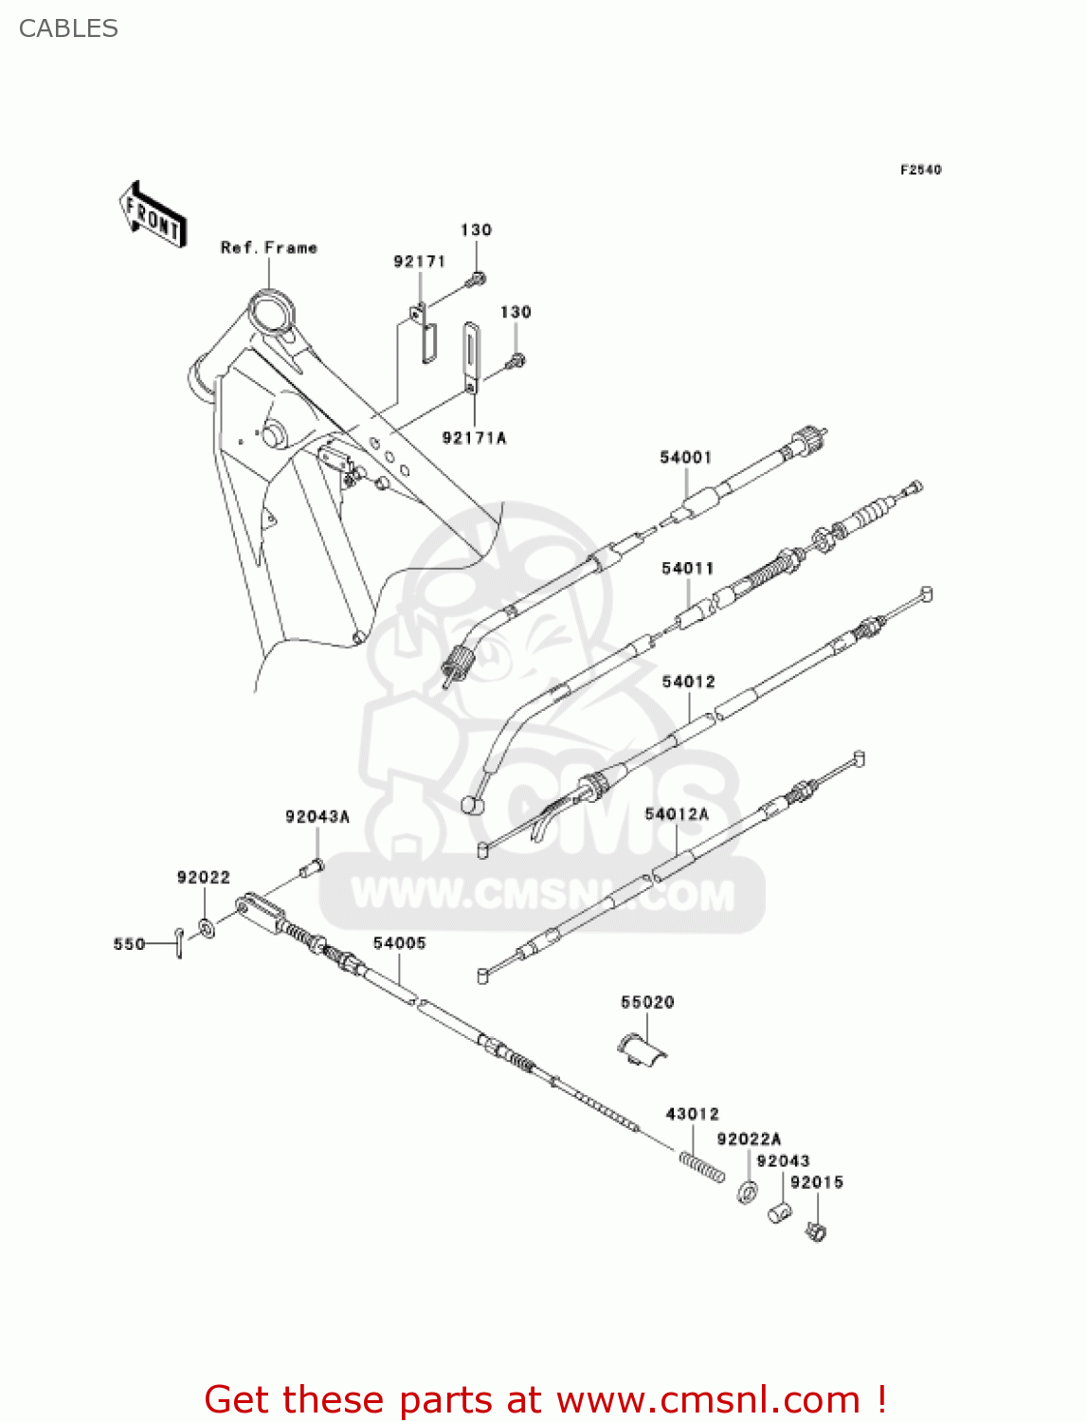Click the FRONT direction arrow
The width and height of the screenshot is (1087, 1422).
(152, 214)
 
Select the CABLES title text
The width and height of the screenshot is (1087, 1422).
(68, 28)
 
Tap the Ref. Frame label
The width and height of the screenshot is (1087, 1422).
(268, 247)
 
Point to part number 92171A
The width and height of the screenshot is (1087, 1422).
(474, 438)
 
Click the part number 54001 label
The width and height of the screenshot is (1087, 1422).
(685, 458)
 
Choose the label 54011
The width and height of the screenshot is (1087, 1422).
(687, 569)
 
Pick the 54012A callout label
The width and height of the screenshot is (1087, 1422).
(677, 814)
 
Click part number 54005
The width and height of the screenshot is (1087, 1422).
(399, 943)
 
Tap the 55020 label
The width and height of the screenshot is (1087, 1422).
(647, 1002)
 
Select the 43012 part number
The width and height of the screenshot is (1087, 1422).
(692, 1114)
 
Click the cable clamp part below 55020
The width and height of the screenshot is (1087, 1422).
(642, 1049)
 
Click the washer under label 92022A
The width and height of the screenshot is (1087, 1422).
(747, 1192)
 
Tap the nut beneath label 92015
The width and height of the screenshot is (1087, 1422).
(816, 1231)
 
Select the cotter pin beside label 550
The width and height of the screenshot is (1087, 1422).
(178, 943)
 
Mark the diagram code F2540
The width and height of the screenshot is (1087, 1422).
(920, 170)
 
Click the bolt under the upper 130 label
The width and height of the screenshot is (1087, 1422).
(477, 279)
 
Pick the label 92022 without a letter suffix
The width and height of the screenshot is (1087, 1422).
(203, 878)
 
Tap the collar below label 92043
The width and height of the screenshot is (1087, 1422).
(779, 1212)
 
